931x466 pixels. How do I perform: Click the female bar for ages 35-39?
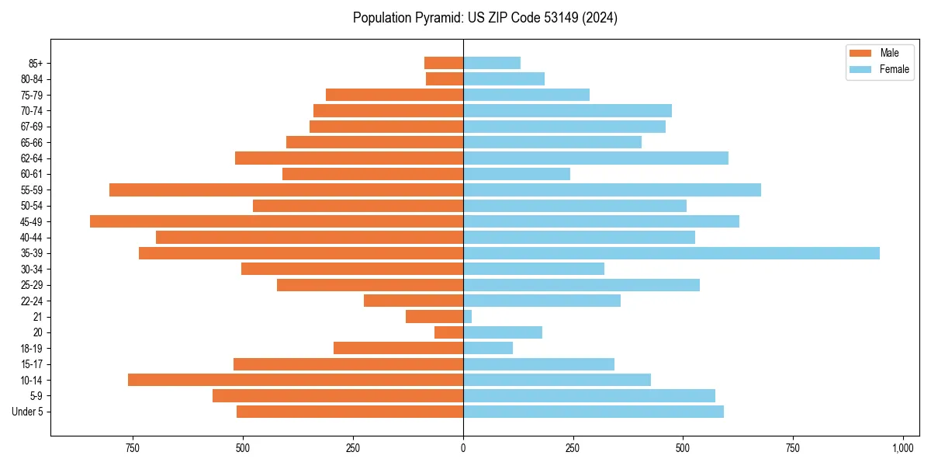[x=671, y=253]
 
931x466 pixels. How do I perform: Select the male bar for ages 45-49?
[x=276, y=221]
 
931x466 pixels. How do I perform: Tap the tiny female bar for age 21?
[x=468, y=317]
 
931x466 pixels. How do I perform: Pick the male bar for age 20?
[x=449, y=332]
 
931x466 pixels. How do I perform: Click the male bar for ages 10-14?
[x=296, y=380]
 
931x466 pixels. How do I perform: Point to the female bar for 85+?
[x=492, y=63]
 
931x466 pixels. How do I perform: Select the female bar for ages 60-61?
[x=517, y=174]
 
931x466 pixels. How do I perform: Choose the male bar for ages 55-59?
[x=286, y=190]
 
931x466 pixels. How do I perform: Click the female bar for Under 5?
[x=594, y=412]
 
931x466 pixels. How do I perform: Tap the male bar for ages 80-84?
[x=445, y=78]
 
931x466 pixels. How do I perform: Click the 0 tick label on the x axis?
[x=463, y=449]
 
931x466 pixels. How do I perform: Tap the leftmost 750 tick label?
[x=133, y=449]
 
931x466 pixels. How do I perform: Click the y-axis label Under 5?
[x=27, y=412]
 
